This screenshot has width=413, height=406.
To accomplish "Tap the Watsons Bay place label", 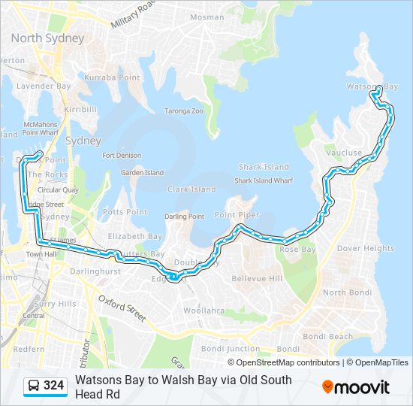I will (372, 87).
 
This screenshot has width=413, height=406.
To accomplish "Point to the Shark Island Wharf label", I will (263, 180).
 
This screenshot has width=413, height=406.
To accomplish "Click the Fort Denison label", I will (122, 156).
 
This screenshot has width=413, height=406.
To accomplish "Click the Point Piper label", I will (237, 215).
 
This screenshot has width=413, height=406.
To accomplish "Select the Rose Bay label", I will (297, 249).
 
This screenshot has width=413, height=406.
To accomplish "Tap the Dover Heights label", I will (365, 248).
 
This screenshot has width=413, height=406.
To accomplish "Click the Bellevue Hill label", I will (256, 279).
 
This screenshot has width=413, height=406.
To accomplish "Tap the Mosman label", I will (206, 17).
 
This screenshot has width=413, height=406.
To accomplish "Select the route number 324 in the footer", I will (53, 386).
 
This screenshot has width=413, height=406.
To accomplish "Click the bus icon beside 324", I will (33, 386).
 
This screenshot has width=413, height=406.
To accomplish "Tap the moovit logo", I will (356, 387).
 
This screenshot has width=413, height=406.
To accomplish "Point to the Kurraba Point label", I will (111, 77).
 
